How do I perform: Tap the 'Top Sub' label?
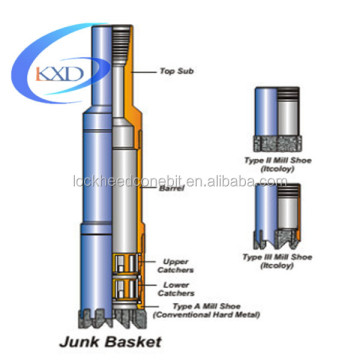tap(175, 71)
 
